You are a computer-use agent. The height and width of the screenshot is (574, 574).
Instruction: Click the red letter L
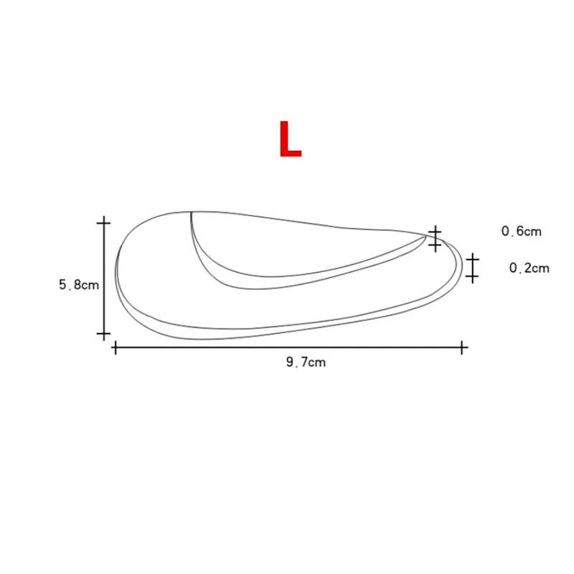(290, 139)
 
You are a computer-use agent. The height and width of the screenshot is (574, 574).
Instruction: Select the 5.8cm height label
(78, 284)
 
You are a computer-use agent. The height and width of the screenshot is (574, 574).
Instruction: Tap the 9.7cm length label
(306, 362)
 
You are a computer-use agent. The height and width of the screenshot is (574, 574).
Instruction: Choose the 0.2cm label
(529, 268)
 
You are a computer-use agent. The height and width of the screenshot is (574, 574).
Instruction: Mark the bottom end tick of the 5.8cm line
(103, 334)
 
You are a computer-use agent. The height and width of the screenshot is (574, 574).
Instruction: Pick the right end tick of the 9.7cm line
(463, 348)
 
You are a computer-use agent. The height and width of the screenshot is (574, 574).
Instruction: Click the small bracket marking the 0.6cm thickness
(435, 238)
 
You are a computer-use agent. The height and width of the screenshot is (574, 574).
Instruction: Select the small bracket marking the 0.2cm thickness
(472, 266)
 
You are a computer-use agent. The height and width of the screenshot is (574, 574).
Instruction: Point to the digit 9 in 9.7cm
(288, 362)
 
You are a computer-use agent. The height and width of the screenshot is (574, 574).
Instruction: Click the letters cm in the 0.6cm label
(532, 231)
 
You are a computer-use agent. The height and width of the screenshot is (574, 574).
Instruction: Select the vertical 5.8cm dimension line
(103, 280)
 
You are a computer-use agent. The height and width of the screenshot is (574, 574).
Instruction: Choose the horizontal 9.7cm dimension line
(287, 348)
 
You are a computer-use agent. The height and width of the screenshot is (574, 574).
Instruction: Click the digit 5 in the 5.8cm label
(62, 284)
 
